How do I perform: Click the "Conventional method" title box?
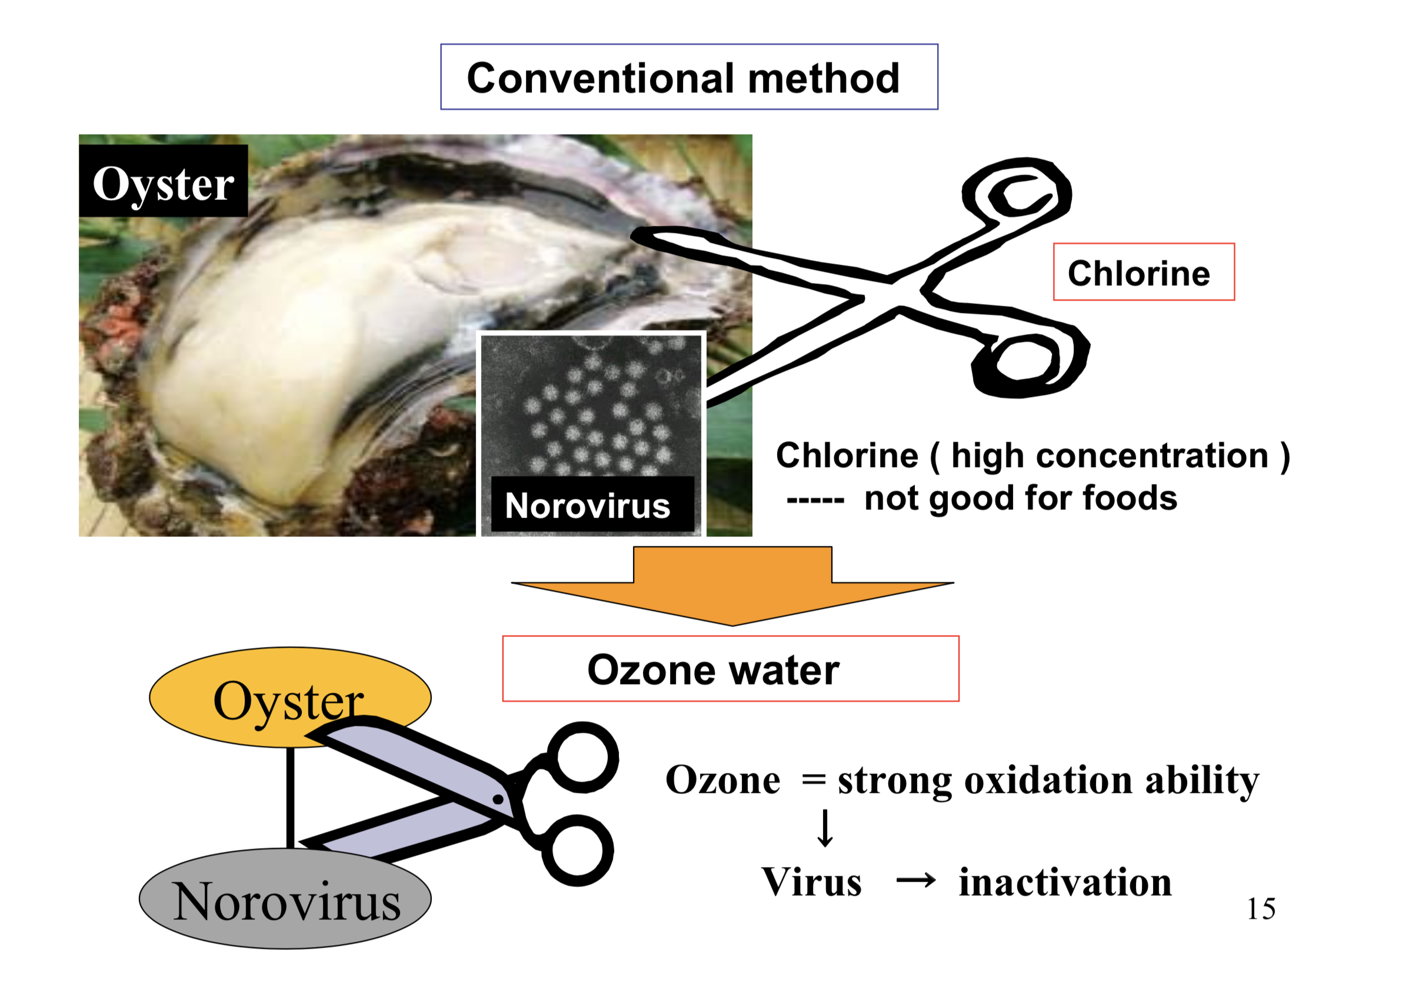(689, 76)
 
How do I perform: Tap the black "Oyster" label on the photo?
(164, 181)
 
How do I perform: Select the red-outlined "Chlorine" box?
(1143, 272)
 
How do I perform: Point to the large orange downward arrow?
(732, 585)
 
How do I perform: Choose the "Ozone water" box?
(731, 669)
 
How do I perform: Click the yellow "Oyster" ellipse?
(289, 698)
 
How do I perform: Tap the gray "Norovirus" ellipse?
(285, 899)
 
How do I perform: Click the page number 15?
(1261, 909)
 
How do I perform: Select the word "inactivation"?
(1065, 882)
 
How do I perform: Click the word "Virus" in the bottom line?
(811, 882)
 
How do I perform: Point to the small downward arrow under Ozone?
(825, 828)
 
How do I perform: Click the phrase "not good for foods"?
(1020, 497)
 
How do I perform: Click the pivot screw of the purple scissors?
(498, 799)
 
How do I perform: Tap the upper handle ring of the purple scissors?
(582, 758)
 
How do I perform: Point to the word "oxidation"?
(1048, 781)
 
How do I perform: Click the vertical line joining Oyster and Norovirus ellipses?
(290, 798)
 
